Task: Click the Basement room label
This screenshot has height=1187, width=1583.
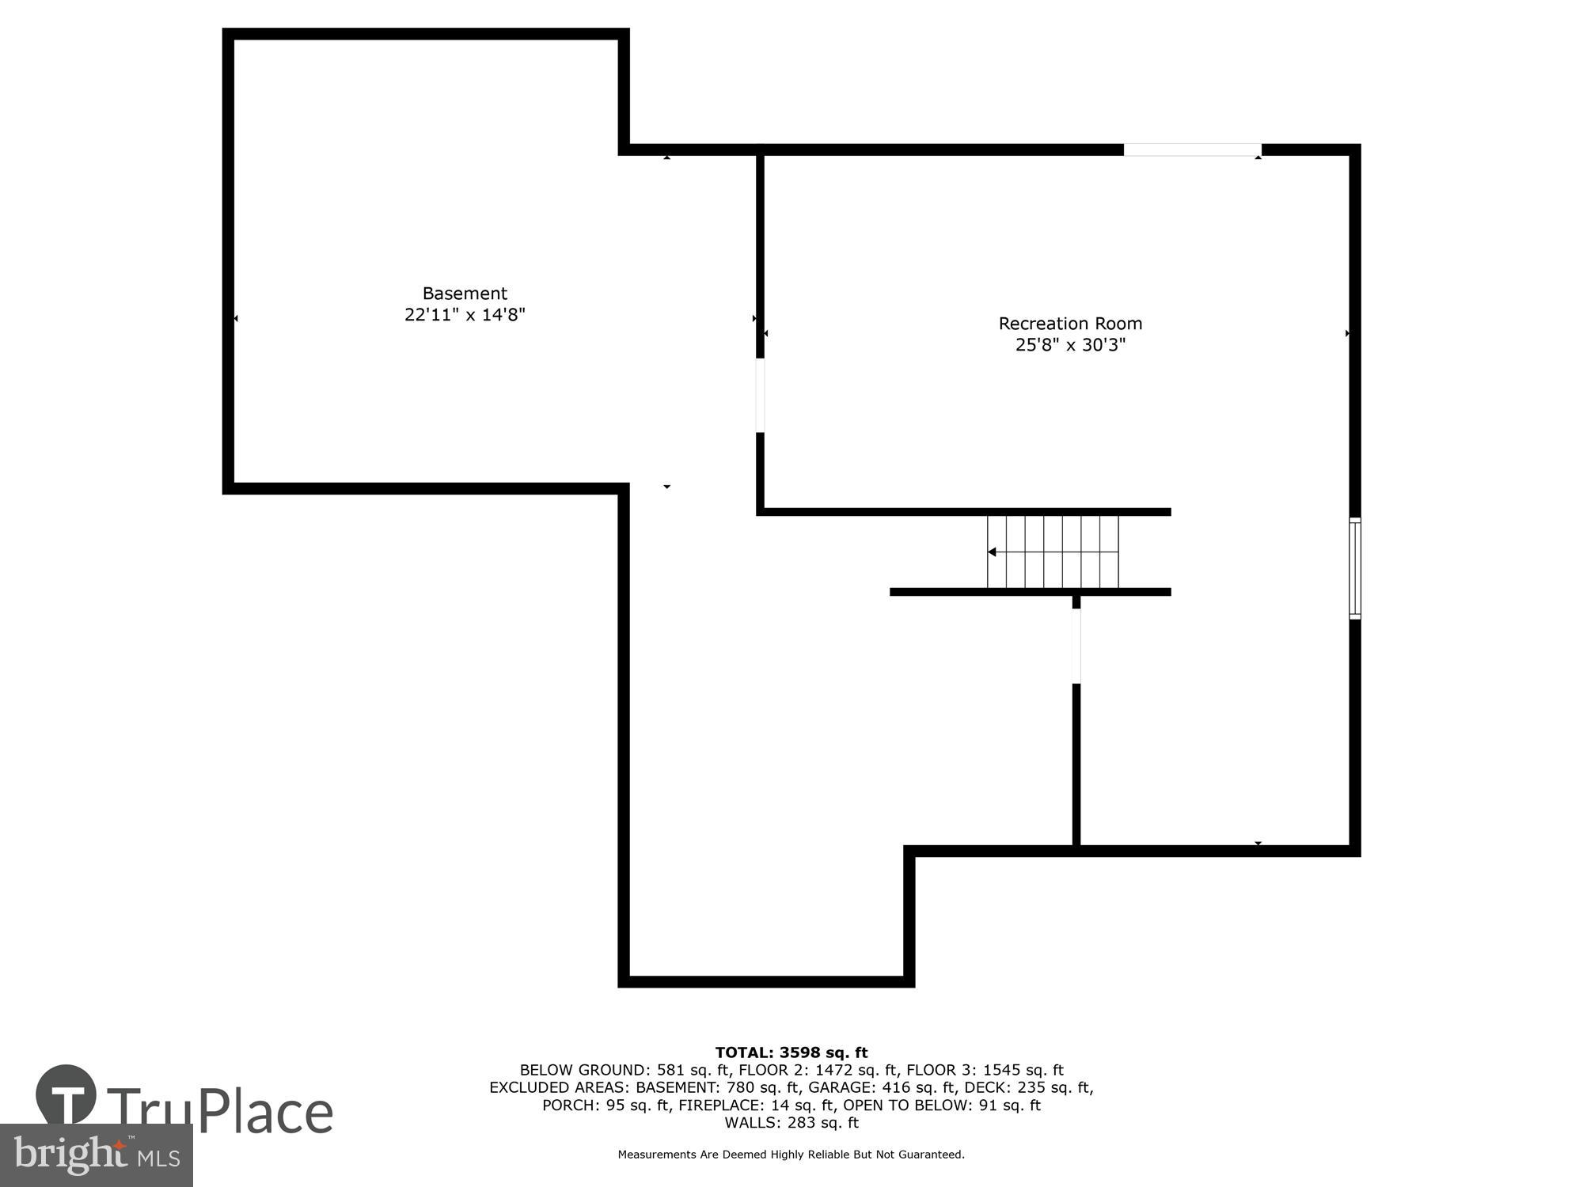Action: [x=465, y=294]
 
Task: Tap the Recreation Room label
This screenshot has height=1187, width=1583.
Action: [x=1070, y=324]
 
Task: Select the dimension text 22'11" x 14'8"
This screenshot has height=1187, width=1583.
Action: [x=465, y=315]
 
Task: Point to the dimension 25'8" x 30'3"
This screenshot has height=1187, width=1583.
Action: [x=1070, y=345]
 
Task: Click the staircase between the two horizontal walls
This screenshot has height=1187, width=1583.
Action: [x=1053, y=552]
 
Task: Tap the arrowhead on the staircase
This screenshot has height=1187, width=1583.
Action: [x=992, y=552]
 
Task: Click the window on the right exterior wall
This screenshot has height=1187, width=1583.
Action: [x=1355, y=567]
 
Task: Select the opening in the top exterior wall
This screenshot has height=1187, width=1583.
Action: [x=1192, y=150]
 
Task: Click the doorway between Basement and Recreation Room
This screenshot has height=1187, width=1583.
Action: [x=760, y=396]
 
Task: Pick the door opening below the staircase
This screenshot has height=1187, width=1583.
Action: [x=1076, y=646]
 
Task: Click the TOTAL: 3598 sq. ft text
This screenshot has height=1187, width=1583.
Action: [x=791, y=1052]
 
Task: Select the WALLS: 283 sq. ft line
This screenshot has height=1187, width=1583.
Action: [x=791, y=1122]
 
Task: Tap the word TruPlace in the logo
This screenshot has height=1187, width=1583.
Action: [x=220, y=1111]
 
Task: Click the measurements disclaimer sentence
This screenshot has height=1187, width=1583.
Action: [x=791, y=1155]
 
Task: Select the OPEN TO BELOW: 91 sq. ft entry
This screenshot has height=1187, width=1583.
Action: [x=942, y=1105]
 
